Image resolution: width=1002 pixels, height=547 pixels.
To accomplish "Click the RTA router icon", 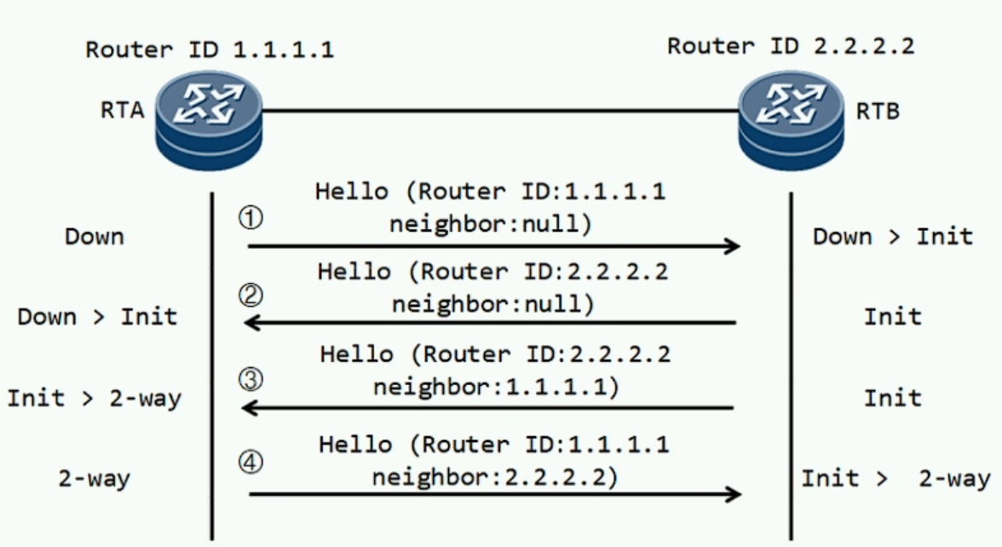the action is pos(209,120).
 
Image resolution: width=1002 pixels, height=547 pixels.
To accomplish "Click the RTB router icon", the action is pos(791,120).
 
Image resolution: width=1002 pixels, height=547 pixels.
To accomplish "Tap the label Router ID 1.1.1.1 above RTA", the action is pos(210,49).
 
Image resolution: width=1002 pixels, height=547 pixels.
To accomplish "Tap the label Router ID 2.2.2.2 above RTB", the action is pos(791,46).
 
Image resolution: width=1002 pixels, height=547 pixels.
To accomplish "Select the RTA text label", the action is pos(123,110).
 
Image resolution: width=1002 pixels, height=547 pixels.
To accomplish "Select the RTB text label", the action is pos(878,111).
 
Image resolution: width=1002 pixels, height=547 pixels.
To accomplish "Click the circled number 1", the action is pos(250,218).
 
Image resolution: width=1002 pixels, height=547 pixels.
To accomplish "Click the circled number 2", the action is pos(250,295).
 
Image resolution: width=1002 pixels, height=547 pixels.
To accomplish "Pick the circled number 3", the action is pos(250,379).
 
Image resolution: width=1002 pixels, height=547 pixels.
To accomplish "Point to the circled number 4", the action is pos(250,462).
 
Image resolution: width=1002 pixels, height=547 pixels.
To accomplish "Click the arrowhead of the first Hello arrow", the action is pos(733,245).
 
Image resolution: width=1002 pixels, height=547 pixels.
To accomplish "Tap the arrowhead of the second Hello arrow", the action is pos(252,323).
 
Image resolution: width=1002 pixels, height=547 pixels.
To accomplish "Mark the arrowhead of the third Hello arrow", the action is pos(250,407).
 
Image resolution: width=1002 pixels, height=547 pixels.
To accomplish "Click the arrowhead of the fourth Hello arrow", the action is pos(733,493).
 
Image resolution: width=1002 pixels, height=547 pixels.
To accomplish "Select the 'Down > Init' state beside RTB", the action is pos(893,237).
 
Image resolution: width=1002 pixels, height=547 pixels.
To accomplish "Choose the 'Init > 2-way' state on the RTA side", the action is pos(95,398).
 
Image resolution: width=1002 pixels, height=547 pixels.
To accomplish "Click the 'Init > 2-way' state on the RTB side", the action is pos(896,478).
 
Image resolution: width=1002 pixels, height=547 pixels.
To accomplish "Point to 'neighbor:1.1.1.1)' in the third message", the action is pos(497,387).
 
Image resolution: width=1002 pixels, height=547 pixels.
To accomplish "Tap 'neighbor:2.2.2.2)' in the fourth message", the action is pos(495,477).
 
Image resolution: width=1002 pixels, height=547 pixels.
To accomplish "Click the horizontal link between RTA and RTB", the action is pos(500,111).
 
